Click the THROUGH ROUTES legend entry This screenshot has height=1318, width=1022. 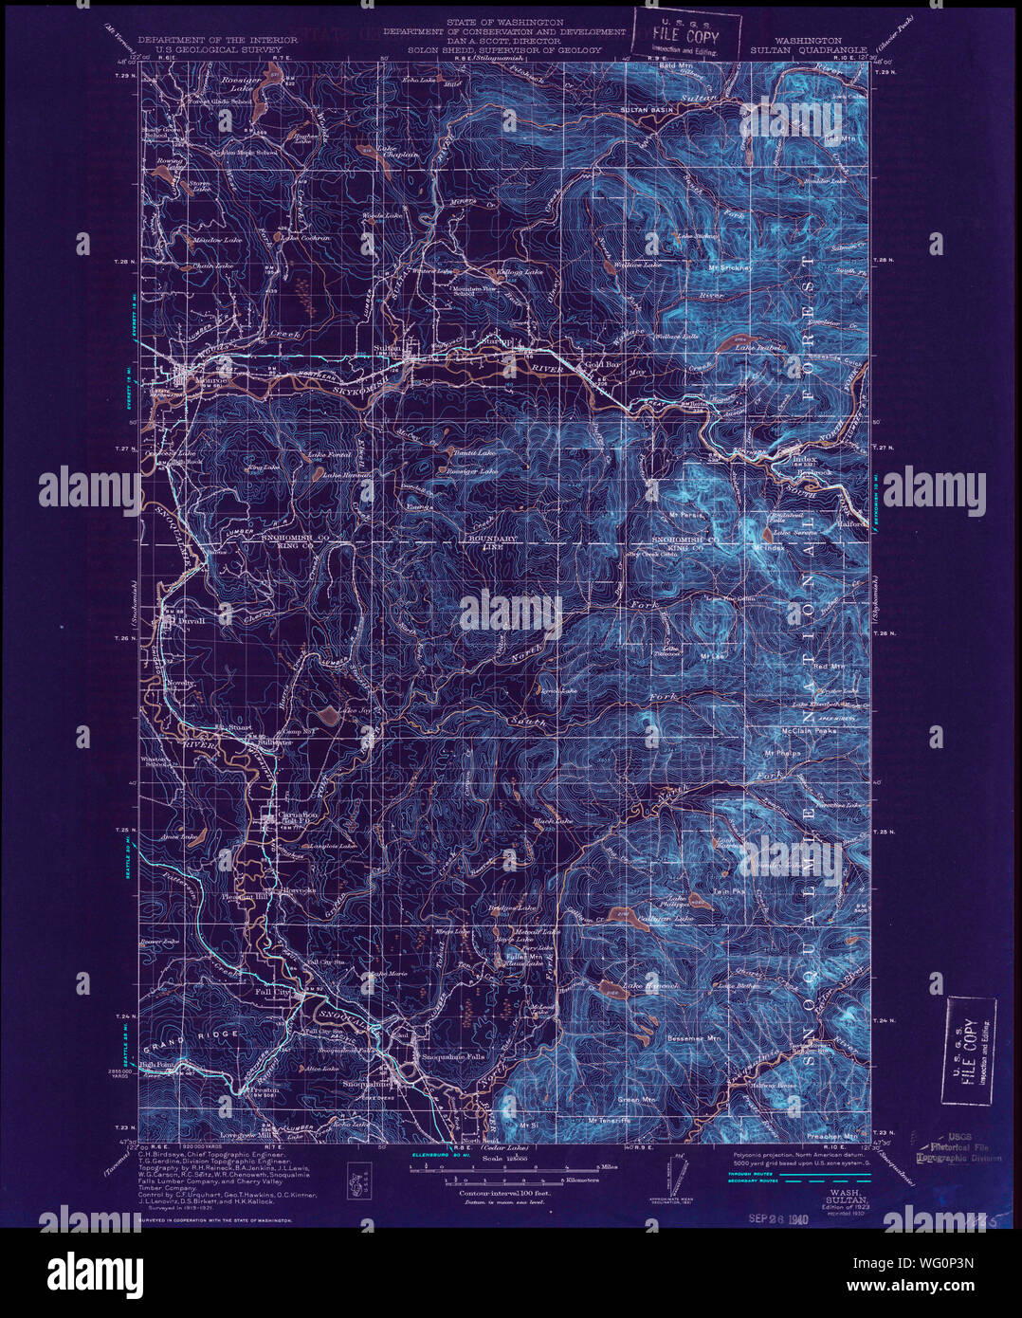(757, 1173)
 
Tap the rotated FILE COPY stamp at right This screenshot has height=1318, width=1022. (969, 1052)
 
